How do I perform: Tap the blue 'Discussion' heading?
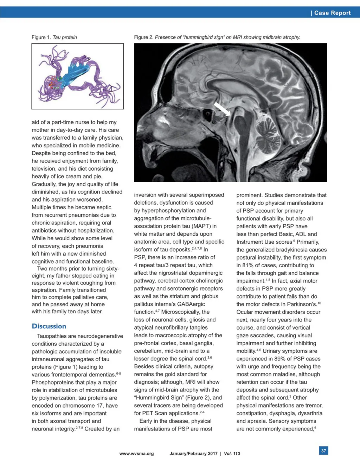(49, 326)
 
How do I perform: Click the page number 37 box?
(323, 451)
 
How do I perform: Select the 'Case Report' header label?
(332, 13)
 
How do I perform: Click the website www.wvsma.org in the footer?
(136, 454)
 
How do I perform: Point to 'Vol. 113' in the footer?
(232, 454)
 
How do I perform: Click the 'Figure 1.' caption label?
(41, 37)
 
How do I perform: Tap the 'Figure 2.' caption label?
(143, 37)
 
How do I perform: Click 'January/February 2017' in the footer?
(193, 454)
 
